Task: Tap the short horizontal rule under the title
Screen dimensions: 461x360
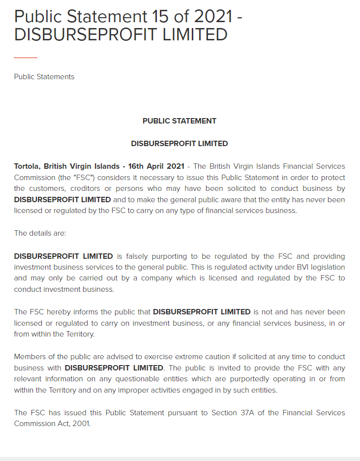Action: tap(26, 58)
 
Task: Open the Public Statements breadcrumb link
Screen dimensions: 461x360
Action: tap(44, 77)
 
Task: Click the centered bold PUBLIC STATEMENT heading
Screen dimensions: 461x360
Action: tap(180, 121)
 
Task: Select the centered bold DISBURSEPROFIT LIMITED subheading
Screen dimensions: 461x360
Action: tap(180, 144)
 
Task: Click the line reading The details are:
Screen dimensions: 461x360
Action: tap(40, 233)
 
